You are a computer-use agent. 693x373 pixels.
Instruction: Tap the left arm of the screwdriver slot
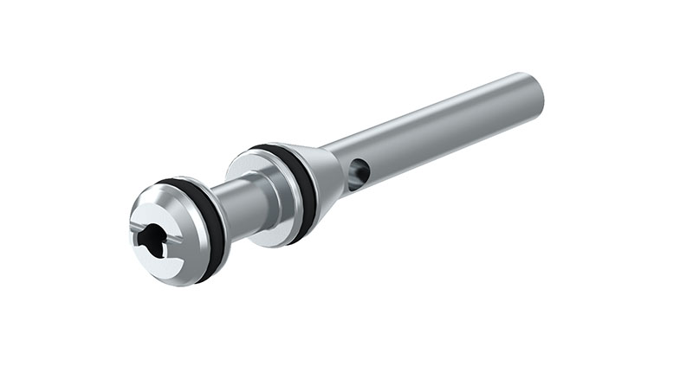(139, 233)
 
